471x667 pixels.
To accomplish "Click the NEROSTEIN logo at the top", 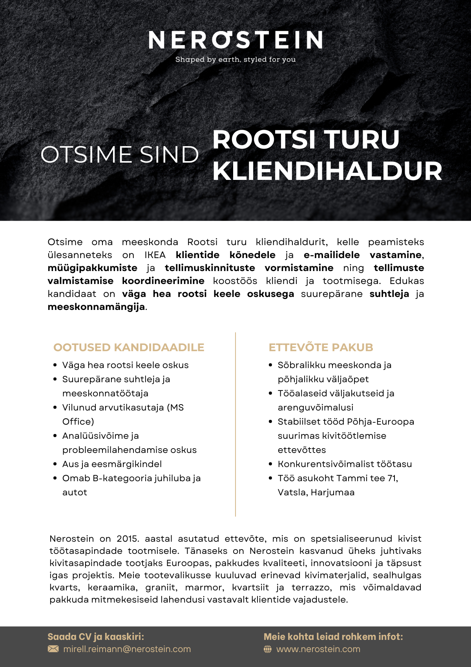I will point(235,40).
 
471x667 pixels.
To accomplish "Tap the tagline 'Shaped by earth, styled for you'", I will point(235,60).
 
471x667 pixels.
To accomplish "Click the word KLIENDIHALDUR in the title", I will point(327,171).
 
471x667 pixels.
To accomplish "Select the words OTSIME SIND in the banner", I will point(120,154).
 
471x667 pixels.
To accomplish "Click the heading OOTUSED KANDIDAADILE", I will point(129,347).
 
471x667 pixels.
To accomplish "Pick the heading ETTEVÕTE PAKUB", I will point(321,347).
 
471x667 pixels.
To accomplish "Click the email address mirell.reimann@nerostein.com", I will point(127,649).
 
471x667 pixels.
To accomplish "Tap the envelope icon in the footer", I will point(53,649).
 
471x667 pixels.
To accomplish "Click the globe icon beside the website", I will point(268,649).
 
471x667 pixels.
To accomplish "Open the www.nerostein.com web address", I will point(318,649).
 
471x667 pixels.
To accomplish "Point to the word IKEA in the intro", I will point(155,255).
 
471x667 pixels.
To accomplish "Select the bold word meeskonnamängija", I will point(96,307).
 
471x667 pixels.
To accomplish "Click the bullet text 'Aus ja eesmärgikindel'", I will point(112,464).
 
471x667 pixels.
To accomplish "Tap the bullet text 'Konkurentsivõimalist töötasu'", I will point(345,464).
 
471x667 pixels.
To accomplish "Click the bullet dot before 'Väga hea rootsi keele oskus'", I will point(55,365).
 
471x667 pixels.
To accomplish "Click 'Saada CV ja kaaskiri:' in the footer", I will point(96,637).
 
